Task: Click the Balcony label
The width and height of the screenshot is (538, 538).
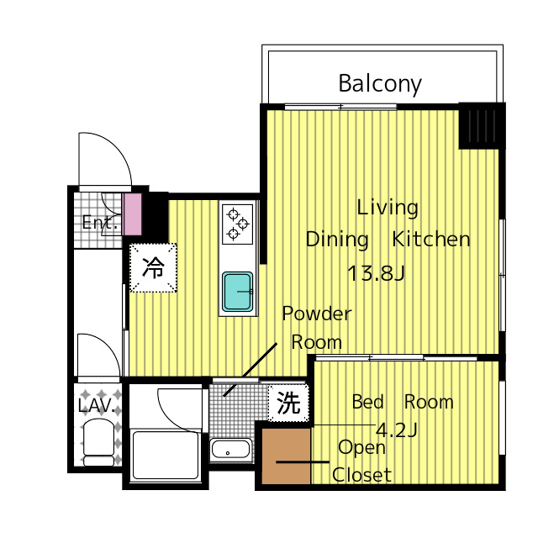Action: click(x=380, y=84)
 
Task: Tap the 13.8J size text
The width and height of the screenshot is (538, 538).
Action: click(x=376, y=274)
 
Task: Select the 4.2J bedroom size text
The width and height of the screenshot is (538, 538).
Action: click(x=397, y=430)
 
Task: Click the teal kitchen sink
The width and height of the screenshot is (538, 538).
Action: click(x=237, y=292)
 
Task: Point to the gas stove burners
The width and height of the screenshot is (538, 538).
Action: click(x=237, y=224)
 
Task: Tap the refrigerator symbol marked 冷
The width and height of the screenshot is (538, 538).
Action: click(x=153, y=267)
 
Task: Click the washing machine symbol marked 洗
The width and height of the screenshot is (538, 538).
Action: click(x=288, y=403)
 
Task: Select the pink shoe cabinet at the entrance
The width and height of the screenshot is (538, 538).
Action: click(x=133, y=214)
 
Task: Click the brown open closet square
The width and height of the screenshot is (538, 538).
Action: click(x=287, y=456)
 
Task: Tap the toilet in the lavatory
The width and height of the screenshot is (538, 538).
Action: click(x=99, y=443)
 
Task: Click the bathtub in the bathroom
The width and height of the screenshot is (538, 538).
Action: click(x=166, y=455)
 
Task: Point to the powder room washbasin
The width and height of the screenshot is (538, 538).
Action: click(x=230, y=449)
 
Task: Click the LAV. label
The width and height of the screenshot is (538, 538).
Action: click(x=97, y=406)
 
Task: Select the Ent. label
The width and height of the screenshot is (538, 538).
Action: click(x=100, y=223)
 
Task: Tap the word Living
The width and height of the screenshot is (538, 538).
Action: click(x=388, y=208)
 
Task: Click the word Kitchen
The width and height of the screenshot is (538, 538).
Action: click(x=431, y=239)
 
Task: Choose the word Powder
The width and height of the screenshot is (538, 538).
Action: click(x=317, y=314)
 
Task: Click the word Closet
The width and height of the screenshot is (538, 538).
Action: click(x=361, y=475)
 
